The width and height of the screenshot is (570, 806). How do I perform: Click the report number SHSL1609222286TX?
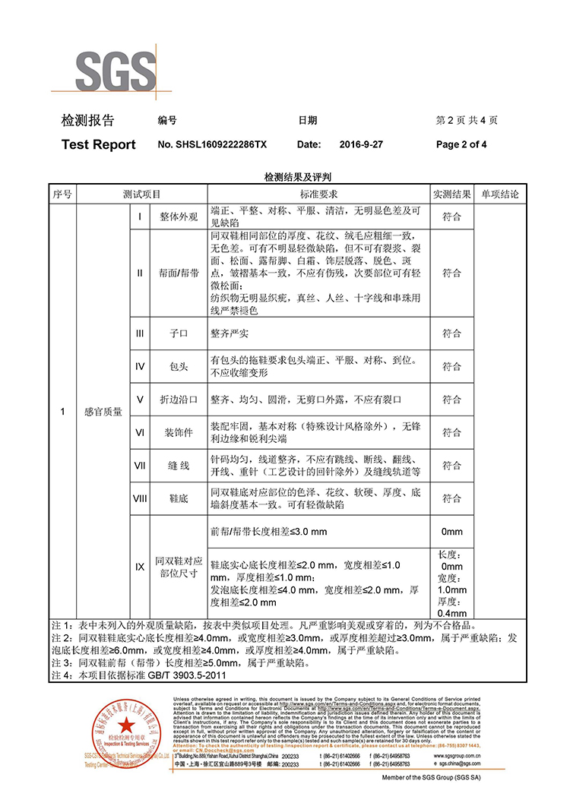click(x=212, y=145)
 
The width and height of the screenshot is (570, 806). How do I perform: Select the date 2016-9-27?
click(x=361, y=145)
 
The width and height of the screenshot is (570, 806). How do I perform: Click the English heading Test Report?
click(x=98, y=145)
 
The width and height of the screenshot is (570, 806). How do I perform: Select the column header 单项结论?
click(x=499, y=194)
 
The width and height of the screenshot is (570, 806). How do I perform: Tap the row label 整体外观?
click(x=179, y=217)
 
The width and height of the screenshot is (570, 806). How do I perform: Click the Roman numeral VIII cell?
click(x=140, y=498)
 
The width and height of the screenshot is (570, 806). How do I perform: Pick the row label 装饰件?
click(x=179, y=432)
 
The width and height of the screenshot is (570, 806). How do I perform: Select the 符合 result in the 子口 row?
click(x=451, y=333)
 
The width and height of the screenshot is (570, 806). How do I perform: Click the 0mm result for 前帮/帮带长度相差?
click(x=451, y=532)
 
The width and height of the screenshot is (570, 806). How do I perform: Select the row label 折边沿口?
click(x=179, y=399)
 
